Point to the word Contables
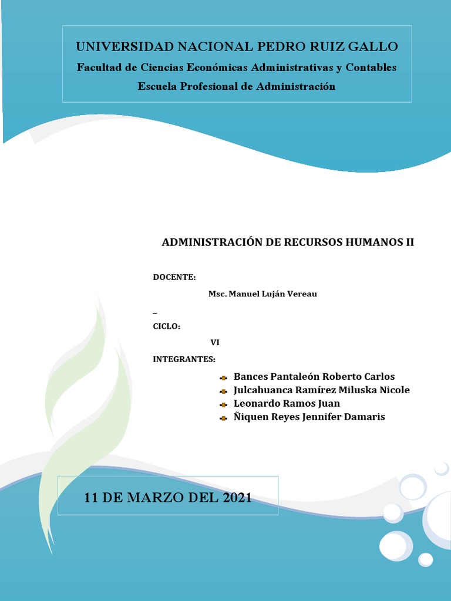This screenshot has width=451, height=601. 371,67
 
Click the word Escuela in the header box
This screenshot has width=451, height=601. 157,87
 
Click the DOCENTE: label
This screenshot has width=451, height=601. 174,277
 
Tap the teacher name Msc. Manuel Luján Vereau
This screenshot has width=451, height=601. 262,294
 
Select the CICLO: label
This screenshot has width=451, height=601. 167,326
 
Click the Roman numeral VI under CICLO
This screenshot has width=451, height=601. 215,343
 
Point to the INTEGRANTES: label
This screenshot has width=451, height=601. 184,359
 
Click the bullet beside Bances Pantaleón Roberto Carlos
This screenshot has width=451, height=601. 223,377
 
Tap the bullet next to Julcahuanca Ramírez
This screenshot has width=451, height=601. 223,391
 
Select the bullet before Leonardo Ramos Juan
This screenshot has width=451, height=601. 223,404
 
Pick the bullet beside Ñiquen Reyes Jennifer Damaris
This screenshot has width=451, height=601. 223,418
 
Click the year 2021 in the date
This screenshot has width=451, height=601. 237,498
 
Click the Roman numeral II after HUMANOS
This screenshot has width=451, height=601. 410,242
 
